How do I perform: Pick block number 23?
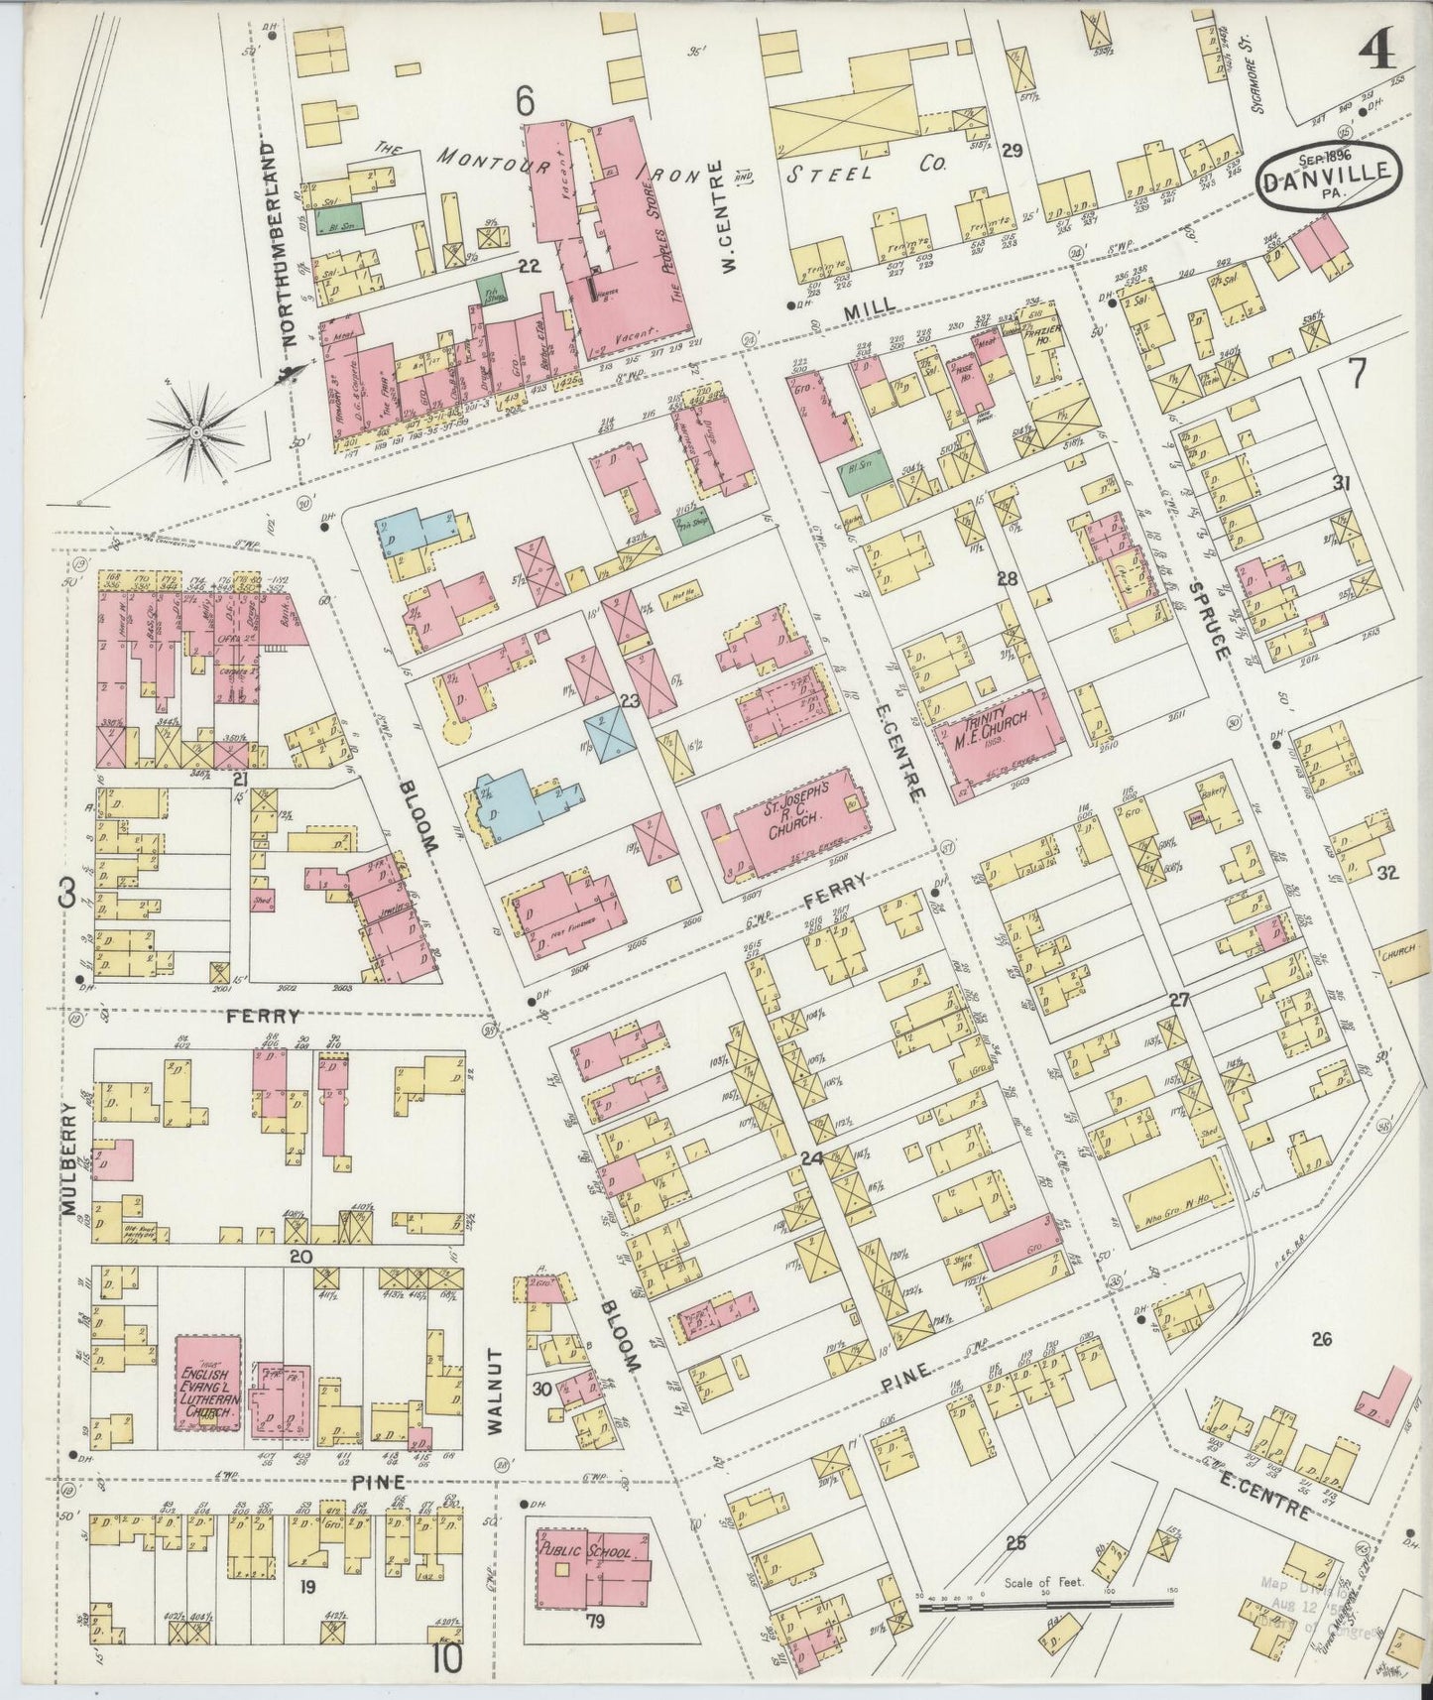click(629, 701)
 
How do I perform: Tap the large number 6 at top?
click(525, 100)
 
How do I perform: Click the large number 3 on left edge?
click(66, 895)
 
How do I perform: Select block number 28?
click(1008, 578)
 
